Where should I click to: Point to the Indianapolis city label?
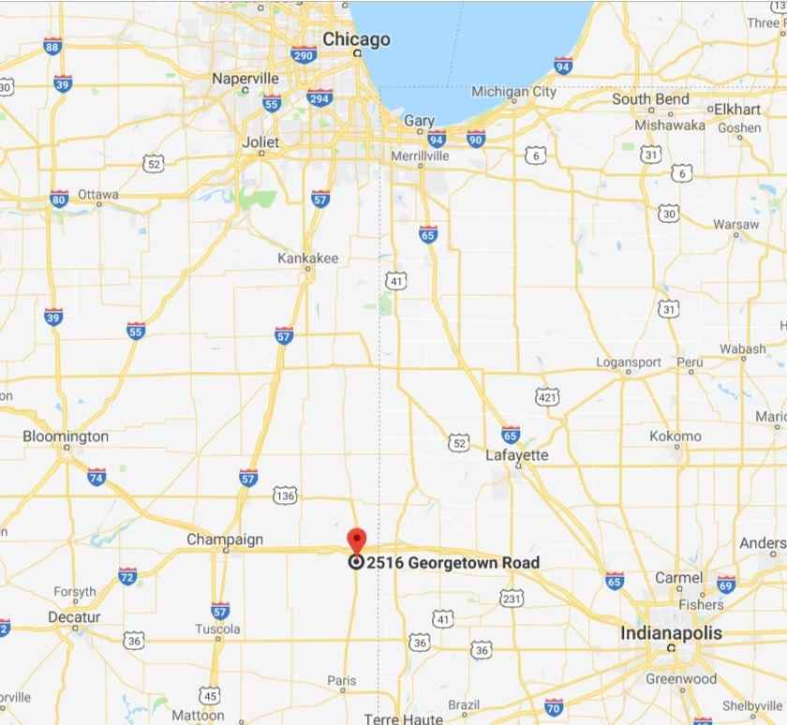(x=671, y=633)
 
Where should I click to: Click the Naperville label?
(x=245, y=78)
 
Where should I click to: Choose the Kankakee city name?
(x=308, y=258)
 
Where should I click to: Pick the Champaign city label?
(x=225, y=540)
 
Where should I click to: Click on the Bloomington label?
(x=66, y=436)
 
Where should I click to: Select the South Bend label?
(x=650, y=99)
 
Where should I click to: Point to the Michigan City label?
(x=513, y=92)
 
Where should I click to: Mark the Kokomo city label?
(x=675, y=436)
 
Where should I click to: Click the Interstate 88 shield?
(x=52, y=46)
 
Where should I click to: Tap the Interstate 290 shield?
(x=303, y=55)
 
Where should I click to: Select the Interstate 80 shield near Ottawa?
(x=59, y=199)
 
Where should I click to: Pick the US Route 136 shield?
(x=285, y=494)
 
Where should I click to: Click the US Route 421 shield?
(x=548, y=398)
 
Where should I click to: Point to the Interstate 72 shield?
(x=127, y=575)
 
